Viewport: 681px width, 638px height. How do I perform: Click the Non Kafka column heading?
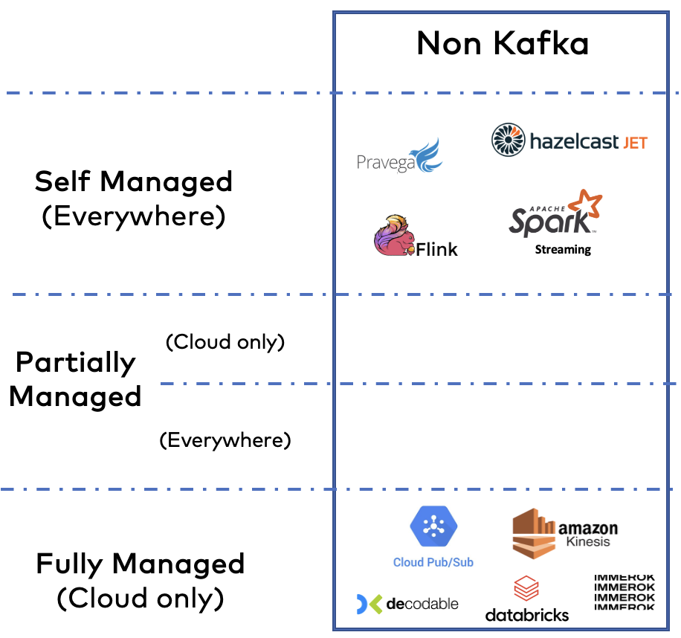(x=503, y=44)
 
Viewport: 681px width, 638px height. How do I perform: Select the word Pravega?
(x=385, y=162)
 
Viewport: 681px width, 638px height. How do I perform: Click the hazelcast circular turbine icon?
(x=509, y=140)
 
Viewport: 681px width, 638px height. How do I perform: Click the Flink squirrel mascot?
(x=392, y=236)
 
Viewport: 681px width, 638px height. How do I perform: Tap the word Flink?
(x=436, y=249)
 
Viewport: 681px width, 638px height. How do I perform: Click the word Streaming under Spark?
(x=563, y=250)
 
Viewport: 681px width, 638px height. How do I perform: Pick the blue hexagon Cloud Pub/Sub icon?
(x=433, y=526)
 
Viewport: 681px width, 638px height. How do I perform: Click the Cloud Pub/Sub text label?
(x=433, y=562)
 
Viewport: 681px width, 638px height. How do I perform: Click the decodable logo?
(x=407, y=603)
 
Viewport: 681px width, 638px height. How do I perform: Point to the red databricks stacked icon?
(x=526, y=590)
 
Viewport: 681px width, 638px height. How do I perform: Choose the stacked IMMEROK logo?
(x=624, y=592)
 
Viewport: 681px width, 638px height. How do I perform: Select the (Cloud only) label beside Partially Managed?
(x=225, y=342)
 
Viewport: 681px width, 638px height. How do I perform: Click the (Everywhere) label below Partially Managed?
(x=225, y=440)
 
